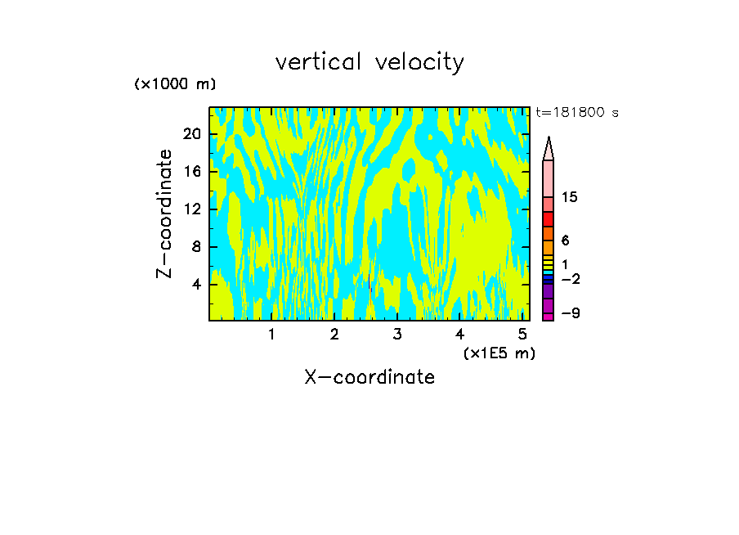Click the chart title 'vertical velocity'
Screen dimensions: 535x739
(369, 62)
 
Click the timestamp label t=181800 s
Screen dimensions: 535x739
(576, 112)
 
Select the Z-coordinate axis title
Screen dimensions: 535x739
(165, 214)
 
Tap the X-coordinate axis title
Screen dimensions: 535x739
(369, 377)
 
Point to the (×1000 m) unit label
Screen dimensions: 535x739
(175, 85)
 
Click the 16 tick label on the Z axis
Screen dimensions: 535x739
(191, 172)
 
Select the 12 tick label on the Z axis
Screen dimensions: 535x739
(191, 209)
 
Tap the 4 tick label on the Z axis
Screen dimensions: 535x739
(196, 285)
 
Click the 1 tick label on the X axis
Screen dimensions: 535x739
(271, 335)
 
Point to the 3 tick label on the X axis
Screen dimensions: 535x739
(396, 335)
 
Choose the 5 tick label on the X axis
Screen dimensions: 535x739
(522, 335)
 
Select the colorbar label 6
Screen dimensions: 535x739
(565, 241)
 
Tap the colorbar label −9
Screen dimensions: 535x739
(570, 313)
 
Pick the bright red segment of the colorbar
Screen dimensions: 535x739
(548, 219)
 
